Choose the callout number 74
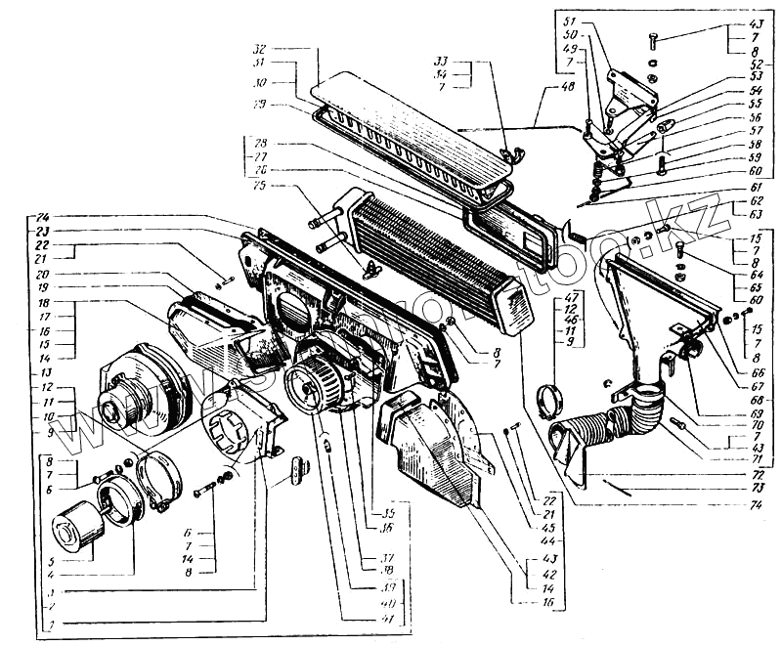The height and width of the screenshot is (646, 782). click(x=756, y=506)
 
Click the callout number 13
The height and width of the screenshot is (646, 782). click(x=46, y=372)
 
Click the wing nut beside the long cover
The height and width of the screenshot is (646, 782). click(x=505, y=151)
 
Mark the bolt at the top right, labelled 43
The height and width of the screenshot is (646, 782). click(x=653, y=40)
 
